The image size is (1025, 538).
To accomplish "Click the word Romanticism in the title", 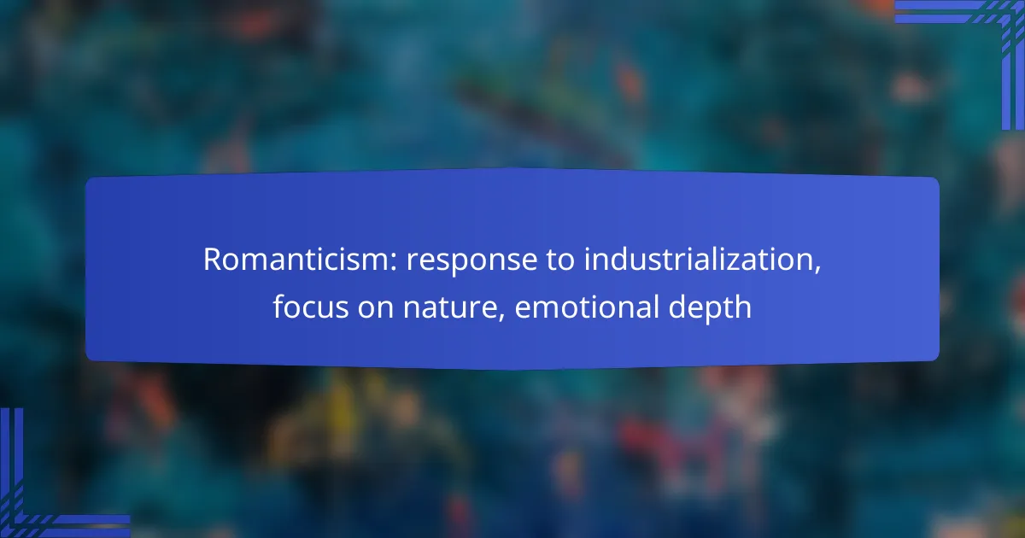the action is click(301, 260).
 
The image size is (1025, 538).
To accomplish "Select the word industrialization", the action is click(700, 260).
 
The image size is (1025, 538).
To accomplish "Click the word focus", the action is click(311, 307).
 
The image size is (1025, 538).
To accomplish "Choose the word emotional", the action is click(587, 307).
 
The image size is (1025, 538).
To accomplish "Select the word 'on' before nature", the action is click(376, 309).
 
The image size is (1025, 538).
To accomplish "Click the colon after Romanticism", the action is click(394, 263).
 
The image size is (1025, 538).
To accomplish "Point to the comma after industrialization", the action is click(817, 270).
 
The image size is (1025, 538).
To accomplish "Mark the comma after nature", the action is click(501, 317).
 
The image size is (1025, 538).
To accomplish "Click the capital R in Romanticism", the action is click(214, 260).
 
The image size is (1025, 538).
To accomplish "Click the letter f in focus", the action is click(279, 306).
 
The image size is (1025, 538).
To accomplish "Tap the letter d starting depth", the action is click(678, 307).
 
